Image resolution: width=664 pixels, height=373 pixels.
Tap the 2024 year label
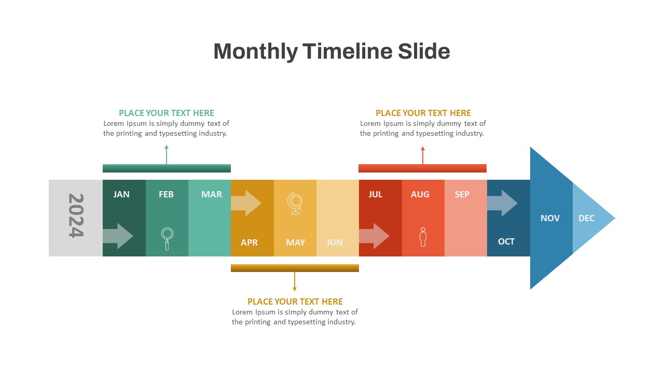click(76, 216)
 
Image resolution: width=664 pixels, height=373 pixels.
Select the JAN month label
click(121, 194)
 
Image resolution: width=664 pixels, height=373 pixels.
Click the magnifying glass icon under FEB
click(167, 238)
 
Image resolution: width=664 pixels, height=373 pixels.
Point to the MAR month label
click(212, 194)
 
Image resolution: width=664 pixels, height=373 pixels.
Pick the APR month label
click(249, 242)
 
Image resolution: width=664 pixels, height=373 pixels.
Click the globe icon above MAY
click(295, 203)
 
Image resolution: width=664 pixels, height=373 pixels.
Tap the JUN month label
click(335, 242)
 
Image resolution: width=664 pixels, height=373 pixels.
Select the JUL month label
click(376, 194)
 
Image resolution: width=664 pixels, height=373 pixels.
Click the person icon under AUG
click(423, 237)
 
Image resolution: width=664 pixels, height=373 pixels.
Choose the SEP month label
click(462, 194)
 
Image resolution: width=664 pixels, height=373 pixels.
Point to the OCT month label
click(506, 241)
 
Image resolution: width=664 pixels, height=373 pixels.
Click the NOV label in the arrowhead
click(550, 218)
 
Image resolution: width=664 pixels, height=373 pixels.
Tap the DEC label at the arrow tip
click(586, 218)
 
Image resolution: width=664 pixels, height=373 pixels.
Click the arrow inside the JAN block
click(118, 236)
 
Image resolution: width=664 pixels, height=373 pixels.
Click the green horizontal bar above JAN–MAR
click(167, 168)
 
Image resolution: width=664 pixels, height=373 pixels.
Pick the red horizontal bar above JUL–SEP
click(422, 168)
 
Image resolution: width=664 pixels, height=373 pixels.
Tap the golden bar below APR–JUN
click(295, 268)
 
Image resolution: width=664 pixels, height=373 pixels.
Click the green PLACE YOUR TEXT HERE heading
click(167, 113)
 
